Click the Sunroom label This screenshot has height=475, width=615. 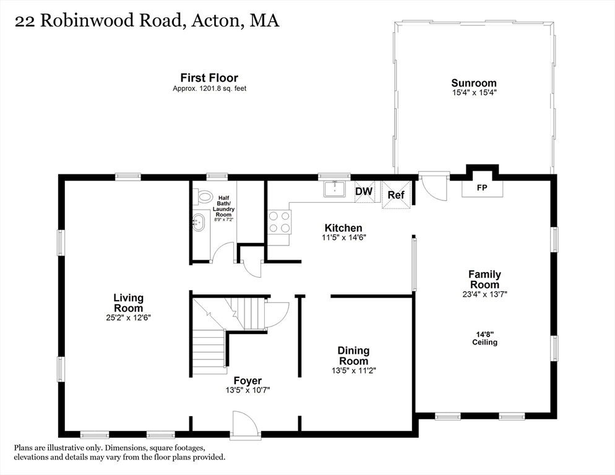(x=474, y=83)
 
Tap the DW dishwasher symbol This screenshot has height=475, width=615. (x=364, y=191)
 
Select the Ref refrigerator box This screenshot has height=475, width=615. (x=396, y=195)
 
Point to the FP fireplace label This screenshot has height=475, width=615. (x=482, y=188)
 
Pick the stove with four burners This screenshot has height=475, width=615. (x=279, y=222)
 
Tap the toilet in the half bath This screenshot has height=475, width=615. (x=204, y=196)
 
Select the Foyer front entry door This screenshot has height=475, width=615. (x=246, y=425)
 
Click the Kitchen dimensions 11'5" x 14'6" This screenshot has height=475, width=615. (x=343, y=237)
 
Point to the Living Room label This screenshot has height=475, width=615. (x=128, y=303)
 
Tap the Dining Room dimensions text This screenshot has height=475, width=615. (x=353, y=370)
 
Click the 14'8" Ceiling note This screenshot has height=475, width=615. (x=485, y=338)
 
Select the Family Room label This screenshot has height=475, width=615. (x=485, y=280)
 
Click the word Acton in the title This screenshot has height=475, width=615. (x=215, y=21)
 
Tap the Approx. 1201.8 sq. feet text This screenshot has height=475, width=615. (x=210, y=88)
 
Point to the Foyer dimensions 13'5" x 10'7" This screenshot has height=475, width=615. (x=247, y=390)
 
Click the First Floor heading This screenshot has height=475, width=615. (x=209, y=78)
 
